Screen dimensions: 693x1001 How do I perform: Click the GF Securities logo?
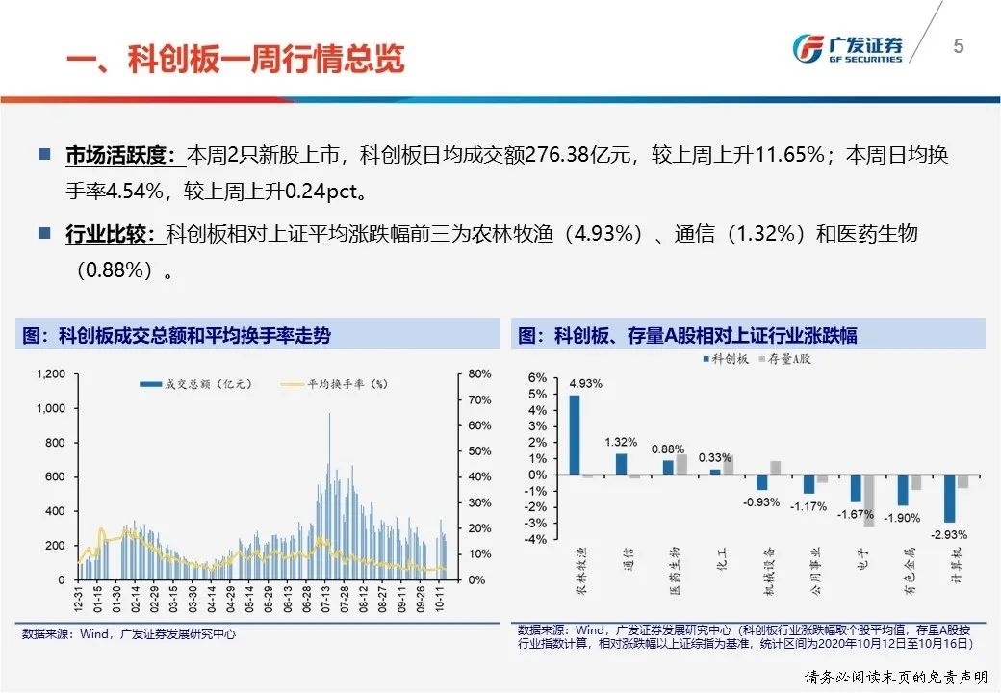pos(847,48)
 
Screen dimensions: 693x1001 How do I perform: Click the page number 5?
pos(958,46)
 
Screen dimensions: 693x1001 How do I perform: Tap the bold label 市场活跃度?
pos(120,155)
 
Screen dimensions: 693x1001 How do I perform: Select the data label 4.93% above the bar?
pos(585,383)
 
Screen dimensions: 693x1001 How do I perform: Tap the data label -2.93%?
pos(949,534)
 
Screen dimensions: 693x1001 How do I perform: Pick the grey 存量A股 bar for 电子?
pos(869,500)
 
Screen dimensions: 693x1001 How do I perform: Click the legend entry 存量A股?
pos(785,359)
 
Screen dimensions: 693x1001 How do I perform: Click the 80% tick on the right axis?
pos(479,373)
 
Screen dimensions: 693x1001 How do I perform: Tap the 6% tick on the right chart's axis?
pos(538,378)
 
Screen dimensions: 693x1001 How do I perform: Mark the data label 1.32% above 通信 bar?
pos(621,442)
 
